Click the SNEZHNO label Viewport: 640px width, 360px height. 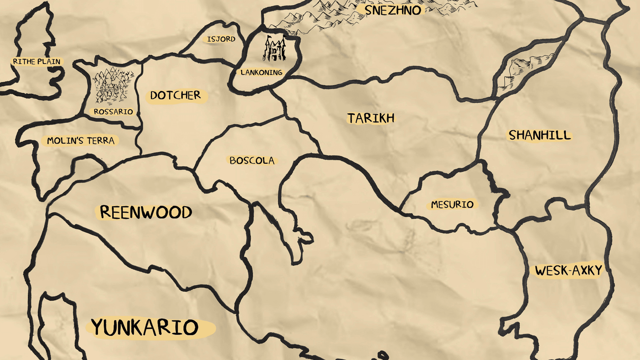(393, 10)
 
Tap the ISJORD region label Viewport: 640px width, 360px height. (221, 39)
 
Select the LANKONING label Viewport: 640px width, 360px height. (261, 73)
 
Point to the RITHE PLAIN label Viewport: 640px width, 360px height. (37, 62)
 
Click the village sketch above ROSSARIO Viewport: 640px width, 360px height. (111, 86)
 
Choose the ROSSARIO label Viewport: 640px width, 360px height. (113, 112)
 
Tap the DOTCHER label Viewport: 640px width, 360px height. (175, 96)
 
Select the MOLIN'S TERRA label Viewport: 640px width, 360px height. (80, 141)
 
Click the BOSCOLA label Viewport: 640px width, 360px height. (252, 160)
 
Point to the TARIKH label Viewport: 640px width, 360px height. (371, 118)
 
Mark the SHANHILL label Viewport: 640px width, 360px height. (539, 136)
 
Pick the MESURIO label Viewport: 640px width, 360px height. (452, 205)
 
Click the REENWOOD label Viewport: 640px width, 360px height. (146, 212)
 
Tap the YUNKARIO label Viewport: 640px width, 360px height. (145, 327)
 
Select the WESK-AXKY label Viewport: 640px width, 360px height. (568, 271)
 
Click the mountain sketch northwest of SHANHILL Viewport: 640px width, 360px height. (526, 69)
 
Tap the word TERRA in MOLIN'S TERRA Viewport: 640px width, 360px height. (101, 141)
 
